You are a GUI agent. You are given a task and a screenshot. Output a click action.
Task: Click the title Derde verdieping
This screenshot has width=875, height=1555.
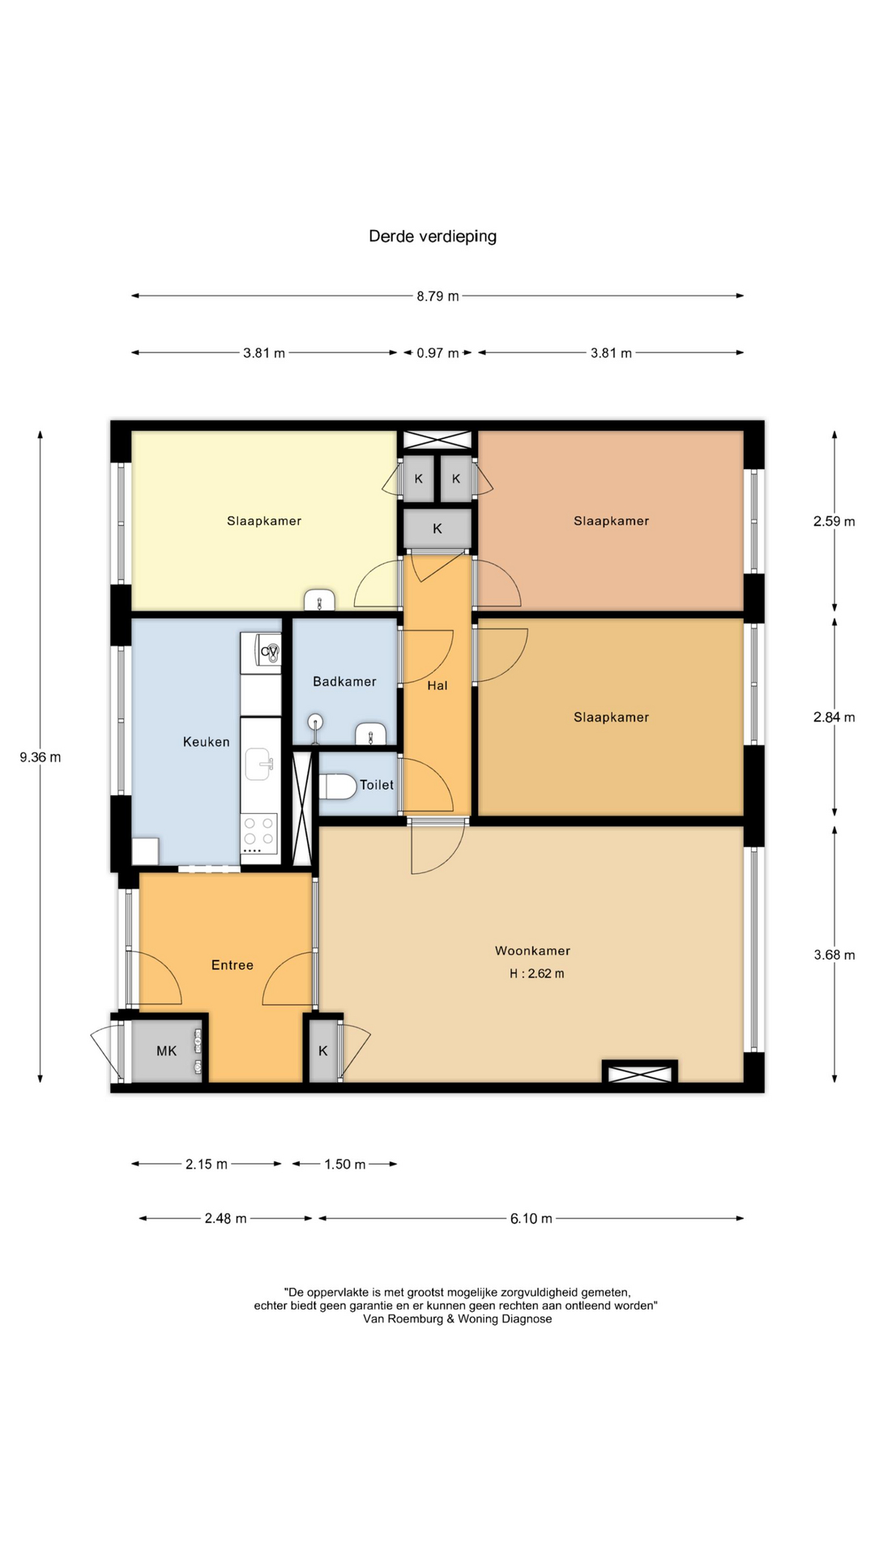coord(433,236)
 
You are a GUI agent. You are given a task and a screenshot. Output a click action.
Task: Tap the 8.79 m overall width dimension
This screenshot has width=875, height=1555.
coord(437,296)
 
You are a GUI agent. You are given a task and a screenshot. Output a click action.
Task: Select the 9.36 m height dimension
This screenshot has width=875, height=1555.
coord(41,757)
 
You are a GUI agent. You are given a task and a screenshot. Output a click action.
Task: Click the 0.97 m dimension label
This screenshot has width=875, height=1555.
coord(437,353)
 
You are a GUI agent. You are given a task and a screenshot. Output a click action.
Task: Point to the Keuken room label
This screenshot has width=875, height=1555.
coord(207,742)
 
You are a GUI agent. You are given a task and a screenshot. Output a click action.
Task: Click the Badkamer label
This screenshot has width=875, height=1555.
coord(344,682)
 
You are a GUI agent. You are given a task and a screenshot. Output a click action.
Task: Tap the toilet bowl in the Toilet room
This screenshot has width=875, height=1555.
coord(338,786)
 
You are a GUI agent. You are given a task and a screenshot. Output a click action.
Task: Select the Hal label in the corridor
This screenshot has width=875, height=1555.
coord(437,686)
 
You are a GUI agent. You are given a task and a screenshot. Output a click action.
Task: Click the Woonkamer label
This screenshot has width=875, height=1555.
coord(532,951)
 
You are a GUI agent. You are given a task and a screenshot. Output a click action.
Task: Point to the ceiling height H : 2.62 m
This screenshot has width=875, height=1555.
coord(536,973)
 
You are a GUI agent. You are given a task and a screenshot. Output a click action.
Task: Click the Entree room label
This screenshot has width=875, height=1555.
coord(233,965)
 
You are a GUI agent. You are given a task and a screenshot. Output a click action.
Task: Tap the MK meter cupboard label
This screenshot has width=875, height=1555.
coord(166,1051)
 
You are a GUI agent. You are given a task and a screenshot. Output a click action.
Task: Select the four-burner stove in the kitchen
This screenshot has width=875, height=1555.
coord(258,833)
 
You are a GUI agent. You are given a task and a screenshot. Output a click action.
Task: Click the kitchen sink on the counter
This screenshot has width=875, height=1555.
coord(258,764)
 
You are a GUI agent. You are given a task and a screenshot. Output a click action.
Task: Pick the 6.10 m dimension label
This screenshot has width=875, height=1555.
coord(531,1218)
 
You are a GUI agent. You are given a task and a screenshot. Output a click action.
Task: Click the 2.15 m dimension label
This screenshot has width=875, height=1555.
coord(206,1164)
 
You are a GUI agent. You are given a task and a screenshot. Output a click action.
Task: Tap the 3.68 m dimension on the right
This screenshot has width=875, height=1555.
coord(834,955)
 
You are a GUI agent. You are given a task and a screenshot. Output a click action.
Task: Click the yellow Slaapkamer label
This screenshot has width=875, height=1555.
coord(264,522)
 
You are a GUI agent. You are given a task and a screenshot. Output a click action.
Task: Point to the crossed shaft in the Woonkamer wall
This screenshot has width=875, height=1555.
coord(640,1074)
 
